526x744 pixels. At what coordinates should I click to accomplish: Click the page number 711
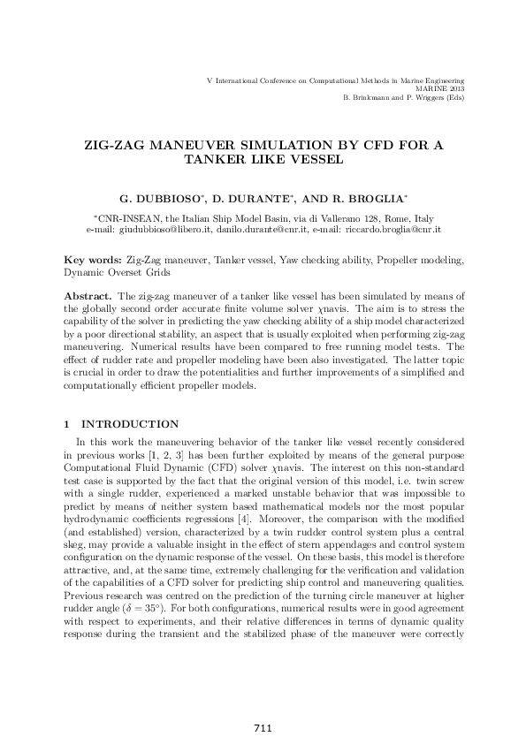[x=262, y=728]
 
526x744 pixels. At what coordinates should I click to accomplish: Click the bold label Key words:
[x=94, y=262]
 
